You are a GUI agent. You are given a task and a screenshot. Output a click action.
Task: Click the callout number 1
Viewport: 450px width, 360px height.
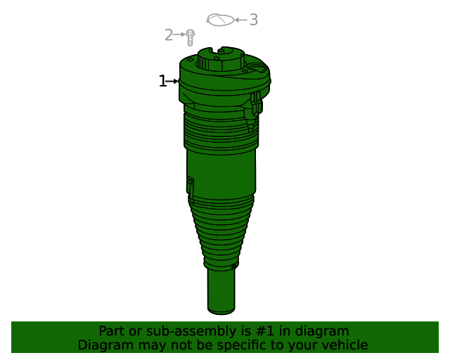click(162, 82)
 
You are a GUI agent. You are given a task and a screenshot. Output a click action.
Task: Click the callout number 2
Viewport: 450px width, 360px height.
click(169, 34)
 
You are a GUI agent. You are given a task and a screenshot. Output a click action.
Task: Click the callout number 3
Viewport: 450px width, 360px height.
click(253, 20)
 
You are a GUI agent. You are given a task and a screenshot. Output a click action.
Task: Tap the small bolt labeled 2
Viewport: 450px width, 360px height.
click(190, 37)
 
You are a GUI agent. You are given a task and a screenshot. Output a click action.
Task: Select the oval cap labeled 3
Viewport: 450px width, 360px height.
click(220, 20)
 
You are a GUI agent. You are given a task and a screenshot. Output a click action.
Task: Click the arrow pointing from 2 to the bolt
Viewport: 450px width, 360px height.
click(179, 34)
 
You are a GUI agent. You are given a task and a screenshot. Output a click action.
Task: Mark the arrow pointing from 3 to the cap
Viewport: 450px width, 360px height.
click(240, 20)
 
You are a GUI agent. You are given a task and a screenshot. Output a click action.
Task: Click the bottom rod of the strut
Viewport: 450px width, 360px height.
click(221, 291)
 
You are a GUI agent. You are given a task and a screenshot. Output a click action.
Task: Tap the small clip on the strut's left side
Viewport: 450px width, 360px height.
click(190, 186)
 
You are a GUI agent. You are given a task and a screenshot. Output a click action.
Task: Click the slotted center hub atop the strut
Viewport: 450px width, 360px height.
click(221, 57)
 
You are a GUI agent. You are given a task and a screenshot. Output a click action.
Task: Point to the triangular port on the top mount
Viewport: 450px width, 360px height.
click(257, 70)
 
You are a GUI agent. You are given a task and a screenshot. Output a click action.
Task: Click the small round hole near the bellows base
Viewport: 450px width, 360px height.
click(234, 266)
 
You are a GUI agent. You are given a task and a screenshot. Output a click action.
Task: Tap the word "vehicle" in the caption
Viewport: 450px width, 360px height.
click(343, 345)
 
